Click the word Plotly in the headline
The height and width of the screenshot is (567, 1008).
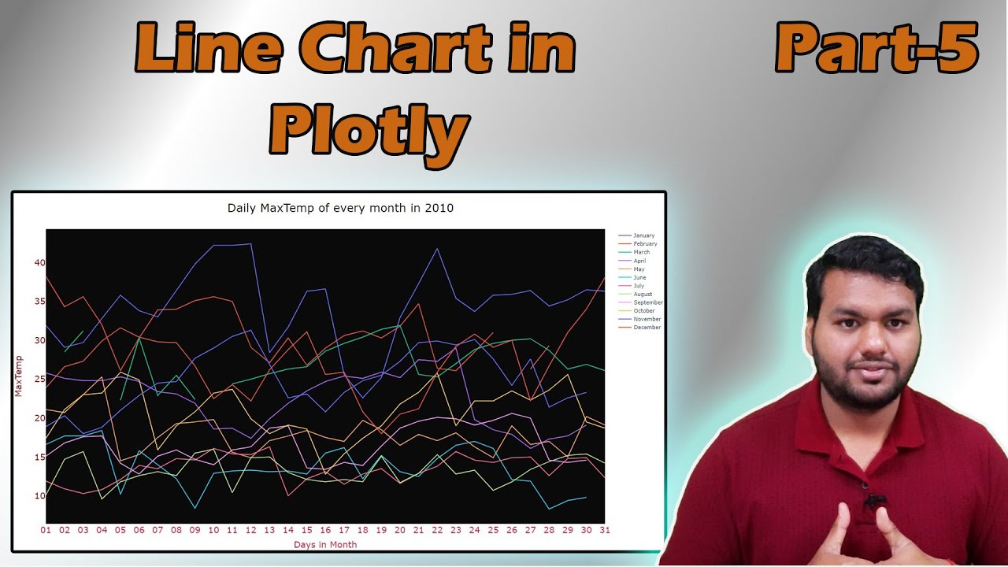click(369, 130)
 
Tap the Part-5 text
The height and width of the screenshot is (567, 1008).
click(876, 48)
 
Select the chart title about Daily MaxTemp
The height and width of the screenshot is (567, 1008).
click(340, 209)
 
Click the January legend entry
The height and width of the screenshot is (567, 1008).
click(643, 235)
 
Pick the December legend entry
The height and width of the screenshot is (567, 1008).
click(647, 328)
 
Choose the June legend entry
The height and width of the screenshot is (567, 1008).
click(639, 277)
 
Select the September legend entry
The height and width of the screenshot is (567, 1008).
click(648, 302)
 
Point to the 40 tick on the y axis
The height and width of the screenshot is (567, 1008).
click(39, 263)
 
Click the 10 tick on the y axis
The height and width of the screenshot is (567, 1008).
click(39, 496)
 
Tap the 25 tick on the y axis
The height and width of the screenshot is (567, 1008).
click(39, 380)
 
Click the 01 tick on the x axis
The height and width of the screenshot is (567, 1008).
click(46, 531)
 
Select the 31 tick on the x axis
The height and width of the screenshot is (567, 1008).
click(604, 531)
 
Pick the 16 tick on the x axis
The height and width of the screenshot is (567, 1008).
click(325, 531)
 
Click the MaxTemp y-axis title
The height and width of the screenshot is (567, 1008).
click(19, 376)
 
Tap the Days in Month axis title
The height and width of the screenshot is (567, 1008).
click(325, 545)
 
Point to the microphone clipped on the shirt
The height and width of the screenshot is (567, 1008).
click(873, 501)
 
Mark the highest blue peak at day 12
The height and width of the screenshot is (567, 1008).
click(251, 244)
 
